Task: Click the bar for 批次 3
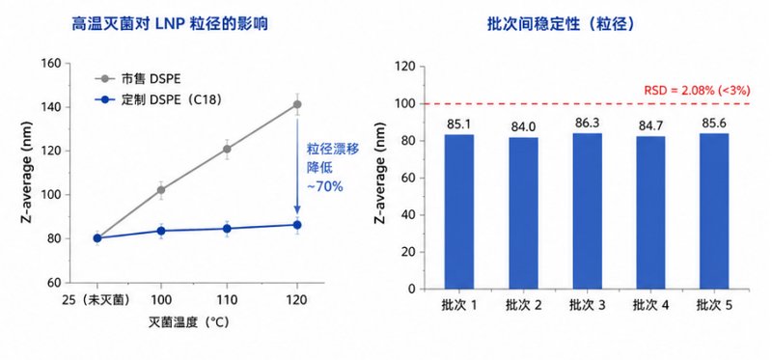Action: click(587, 210)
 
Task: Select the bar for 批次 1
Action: click(459, 211)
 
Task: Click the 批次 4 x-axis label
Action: click(650, 305)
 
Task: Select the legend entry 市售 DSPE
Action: click(133, 78)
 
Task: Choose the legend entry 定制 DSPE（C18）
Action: click(157, 100)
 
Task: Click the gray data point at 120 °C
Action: click(297, 104)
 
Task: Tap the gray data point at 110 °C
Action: click(227, 149)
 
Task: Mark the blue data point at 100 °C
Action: click(161, 231)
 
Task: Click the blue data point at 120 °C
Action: click(297, 225)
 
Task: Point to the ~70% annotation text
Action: click(324, 187)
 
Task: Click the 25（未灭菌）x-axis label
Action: click(97, 300)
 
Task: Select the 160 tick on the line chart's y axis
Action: click(51, 64)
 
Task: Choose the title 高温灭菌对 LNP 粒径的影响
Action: click(170, 23)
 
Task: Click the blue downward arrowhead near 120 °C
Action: click(297, 208)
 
